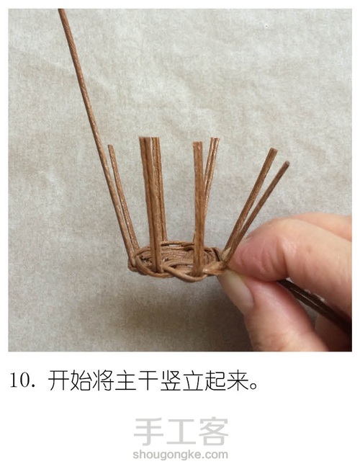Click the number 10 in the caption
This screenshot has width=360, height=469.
click(x=19, y=381)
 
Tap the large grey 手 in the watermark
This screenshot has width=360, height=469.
click(x=148, y=432)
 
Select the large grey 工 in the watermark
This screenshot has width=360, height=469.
click(x=181, y=432)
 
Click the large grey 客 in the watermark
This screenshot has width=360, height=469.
click(x=213, y=432)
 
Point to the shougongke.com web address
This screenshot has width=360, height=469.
click(x=180, y=455)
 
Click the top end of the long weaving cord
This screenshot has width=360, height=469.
click(x=61, y=11)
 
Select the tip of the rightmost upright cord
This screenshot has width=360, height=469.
click(x=287, y=164)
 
